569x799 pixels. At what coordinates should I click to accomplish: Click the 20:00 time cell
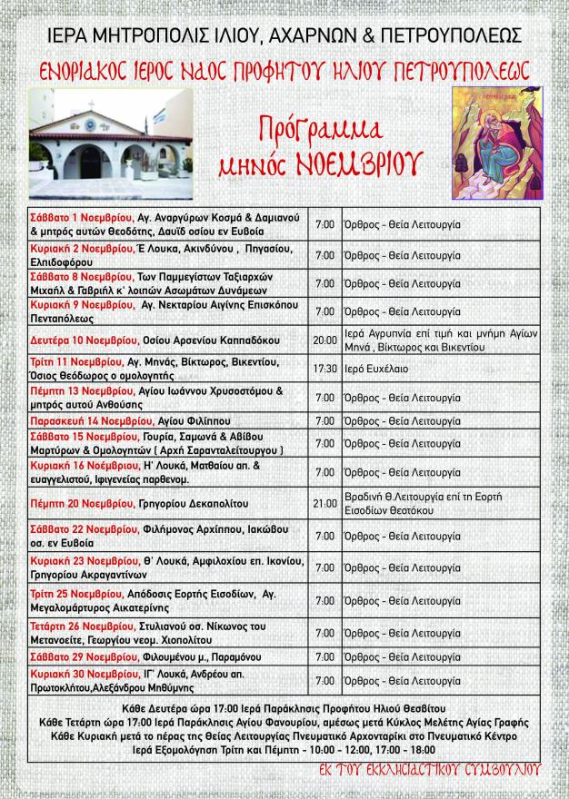(324, 340)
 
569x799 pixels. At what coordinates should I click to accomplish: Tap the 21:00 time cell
(324, 502)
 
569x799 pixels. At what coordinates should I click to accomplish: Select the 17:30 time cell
(324, 370)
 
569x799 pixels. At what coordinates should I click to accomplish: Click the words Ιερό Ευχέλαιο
(373, 370)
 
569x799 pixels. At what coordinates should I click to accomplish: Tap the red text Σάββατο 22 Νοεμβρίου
(70, 529)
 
